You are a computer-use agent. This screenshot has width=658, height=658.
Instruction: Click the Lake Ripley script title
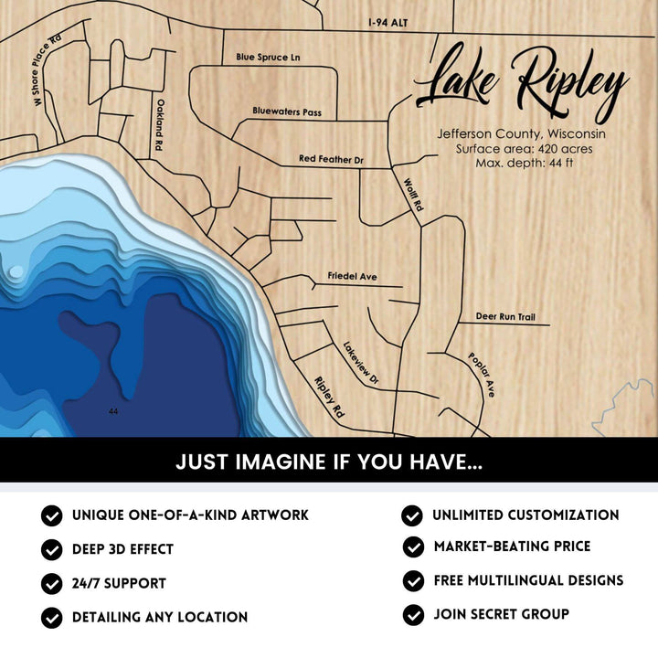tap(521, 82)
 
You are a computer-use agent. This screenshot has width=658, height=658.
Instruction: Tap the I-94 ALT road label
tap(387, 22)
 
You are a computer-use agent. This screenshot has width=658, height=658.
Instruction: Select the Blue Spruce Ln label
tap(268, 57)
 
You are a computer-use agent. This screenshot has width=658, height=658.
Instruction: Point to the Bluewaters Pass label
tap(287, 111)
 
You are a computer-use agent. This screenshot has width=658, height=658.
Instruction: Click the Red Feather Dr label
tap(331, 159)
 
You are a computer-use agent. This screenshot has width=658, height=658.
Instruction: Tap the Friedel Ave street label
tap(352, 276)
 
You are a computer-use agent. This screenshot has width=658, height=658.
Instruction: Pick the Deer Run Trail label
tap(505, 317)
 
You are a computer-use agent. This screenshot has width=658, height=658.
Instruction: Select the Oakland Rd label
tap(159, 125)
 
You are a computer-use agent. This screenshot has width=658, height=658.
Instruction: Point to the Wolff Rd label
tap(412, 195)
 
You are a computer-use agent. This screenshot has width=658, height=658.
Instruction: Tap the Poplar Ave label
tap(482, 375)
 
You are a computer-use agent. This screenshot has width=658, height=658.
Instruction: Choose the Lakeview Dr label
tap(361, 362)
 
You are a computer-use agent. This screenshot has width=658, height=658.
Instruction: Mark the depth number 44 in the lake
tap(113, 412)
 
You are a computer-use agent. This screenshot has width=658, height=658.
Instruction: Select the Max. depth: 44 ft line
tap(524, 163)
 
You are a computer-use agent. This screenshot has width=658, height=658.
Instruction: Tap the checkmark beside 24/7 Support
tap(52, 583)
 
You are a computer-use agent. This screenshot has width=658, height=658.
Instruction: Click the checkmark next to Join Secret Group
tap(413, 615)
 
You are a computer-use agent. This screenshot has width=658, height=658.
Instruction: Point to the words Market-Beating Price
tap(512, 547)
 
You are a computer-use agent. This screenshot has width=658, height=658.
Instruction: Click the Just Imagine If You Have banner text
tap(329, 462)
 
